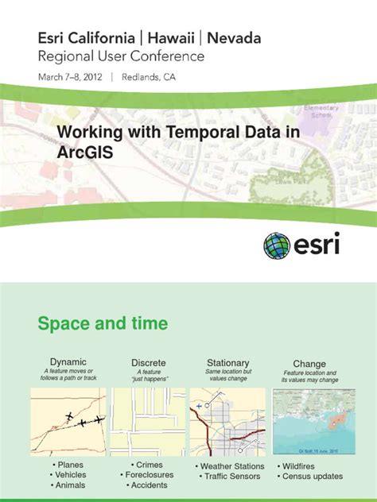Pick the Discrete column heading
pos(149,362)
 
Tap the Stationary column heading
pos(227,362)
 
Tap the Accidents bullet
pos(150,485)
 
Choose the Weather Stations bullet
pos(231,466)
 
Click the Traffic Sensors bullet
pos(231,477)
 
